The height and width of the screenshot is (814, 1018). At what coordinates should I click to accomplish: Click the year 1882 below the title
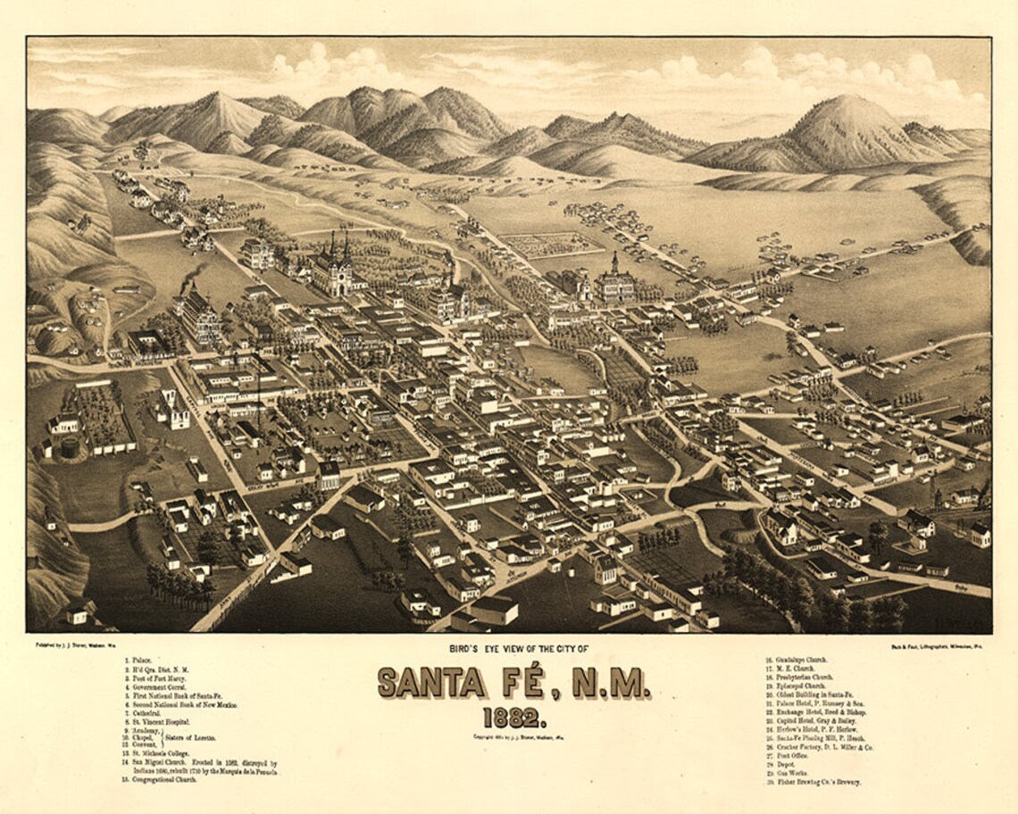tap(513, 718)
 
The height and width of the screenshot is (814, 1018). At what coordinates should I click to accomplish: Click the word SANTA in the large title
tap(433, 684)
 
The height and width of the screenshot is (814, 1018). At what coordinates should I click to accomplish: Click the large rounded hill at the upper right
tap(844, 129)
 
